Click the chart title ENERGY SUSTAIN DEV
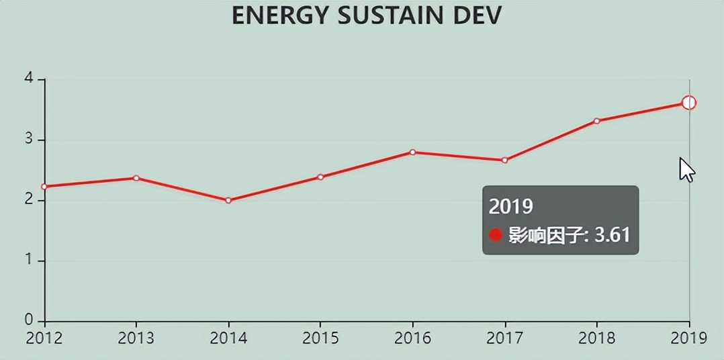click(367, 15)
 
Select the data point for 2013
click(136, 178)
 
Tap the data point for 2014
click(228, 200)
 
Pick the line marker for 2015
click(320, 177)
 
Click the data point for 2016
click(412, 152)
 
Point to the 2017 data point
click(504, 160)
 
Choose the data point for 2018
click(596, 121)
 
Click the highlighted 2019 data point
click(688, 103)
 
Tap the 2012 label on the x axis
click(44, 338)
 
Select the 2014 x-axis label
click(228, 338)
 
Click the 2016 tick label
click(412, 338)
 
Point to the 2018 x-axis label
click(596, 338)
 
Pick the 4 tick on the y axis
click(29, 79)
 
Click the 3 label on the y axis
click(29, 140)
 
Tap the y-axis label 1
click(29, 261)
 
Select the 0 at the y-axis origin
click(29, 320)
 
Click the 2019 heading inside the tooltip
click(511, 206)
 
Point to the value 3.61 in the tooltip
click(612, 235)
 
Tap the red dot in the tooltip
click(496, 235)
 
